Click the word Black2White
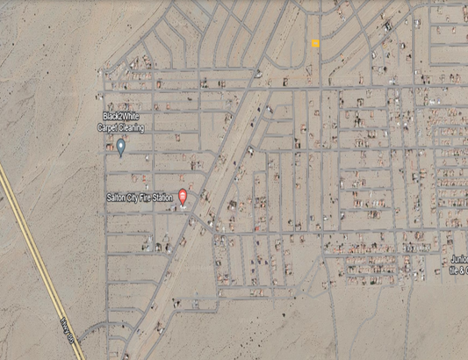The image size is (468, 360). [122, 117]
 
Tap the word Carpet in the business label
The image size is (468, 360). [109, 128]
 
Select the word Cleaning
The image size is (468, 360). [132, 128]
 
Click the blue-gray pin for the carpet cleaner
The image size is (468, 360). [121, 148]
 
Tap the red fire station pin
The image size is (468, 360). [183, 197]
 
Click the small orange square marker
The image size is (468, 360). [315, 43]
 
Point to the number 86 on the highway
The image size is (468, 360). [75, 337]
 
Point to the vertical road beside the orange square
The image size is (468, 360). [321, 53]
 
